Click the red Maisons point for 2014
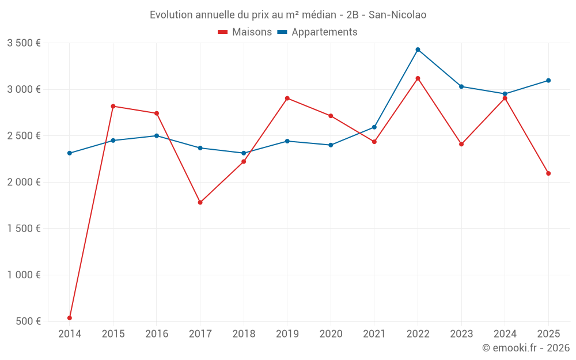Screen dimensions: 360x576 pyautogui.click(x=70, y=318)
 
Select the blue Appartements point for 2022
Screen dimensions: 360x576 pyautogui.click(x=418, y=50)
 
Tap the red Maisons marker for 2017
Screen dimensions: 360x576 pyautogui.click(x=200, y=203)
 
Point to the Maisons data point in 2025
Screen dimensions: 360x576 pyautogui.click(x=548, y=173)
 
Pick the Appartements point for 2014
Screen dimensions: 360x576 pyautogui.click(x=70, y=153)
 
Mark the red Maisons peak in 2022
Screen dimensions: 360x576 pyautogui.click(x=418, y=78)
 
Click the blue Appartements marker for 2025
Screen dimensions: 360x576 pyautogui.click(x=548, y=81)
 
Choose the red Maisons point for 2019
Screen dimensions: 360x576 pyautogui.click(x=287, y=98)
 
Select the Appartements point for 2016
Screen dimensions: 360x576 pyautogui.click(x=157, y=136)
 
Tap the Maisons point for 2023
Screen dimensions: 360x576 pyautogui.click(x=461, y=144)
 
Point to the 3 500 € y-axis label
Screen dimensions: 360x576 pyautogui.click(x=24, y=43)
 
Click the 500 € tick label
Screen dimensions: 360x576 pyautogui.click(x=28, y=321)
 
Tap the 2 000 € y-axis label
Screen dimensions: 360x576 pyautogui.click(x=24, y=182)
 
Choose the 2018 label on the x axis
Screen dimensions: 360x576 pyautogui.click(x=244, y=334)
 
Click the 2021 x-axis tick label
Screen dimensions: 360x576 pyautogui.click(x=374, y=334)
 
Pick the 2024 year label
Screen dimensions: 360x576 pyautogui.click(x=505, y=334)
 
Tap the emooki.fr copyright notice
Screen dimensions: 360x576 pyautogui.click(x=526, y=348)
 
